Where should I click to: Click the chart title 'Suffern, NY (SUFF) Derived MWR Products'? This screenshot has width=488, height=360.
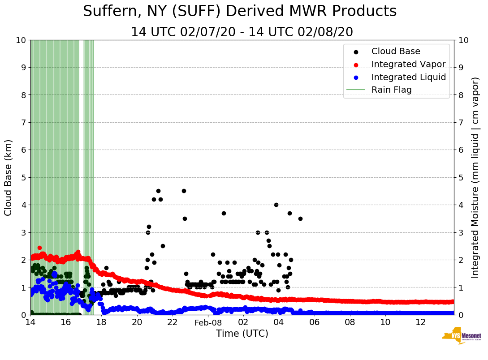[240, 11]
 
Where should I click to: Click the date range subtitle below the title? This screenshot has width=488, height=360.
[242, 32]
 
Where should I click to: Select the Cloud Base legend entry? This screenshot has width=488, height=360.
[396, 51]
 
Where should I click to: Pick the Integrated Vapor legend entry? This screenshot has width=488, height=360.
[408, 64]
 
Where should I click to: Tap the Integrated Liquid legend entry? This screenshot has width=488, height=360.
[408, 77]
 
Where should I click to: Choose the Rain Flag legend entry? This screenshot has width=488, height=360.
[391, 90]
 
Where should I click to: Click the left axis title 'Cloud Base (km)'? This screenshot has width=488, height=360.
[9, 177]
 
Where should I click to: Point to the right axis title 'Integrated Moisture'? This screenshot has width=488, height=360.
[475, 177]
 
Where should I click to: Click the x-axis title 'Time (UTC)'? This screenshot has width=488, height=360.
[242, 334]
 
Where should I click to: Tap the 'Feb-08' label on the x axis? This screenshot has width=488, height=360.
[208, 322]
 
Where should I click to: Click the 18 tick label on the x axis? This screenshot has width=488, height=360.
[101, 322]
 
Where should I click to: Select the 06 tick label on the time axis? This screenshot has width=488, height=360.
[314, 322]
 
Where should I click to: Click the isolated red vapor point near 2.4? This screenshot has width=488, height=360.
[39, 248]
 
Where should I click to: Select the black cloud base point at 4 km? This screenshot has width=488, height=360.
[276, 205]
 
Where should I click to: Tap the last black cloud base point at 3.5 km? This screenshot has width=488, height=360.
[300, 219]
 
